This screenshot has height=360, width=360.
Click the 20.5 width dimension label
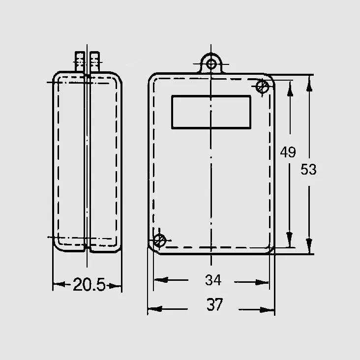coord(89,285)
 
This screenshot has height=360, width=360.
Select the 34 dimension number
coord(213,280)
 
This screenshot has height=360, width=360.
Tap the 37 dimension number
coord(214,304)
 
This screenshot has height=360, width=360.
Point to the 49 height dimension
coord(288,152)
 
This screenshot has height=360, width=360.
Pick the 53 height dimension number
coord(308,170)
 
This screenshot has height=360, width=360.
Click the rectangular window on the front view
coord(211,112)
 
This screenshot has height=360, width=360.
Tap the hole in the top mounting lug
coord(211,64)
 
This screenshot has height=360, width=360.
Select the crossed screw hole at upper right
coord(263,87)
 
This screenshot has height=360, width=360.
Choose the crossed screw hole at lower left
coord(159,240)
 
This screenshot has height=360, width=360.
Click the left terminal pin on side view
coord(80,61)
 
